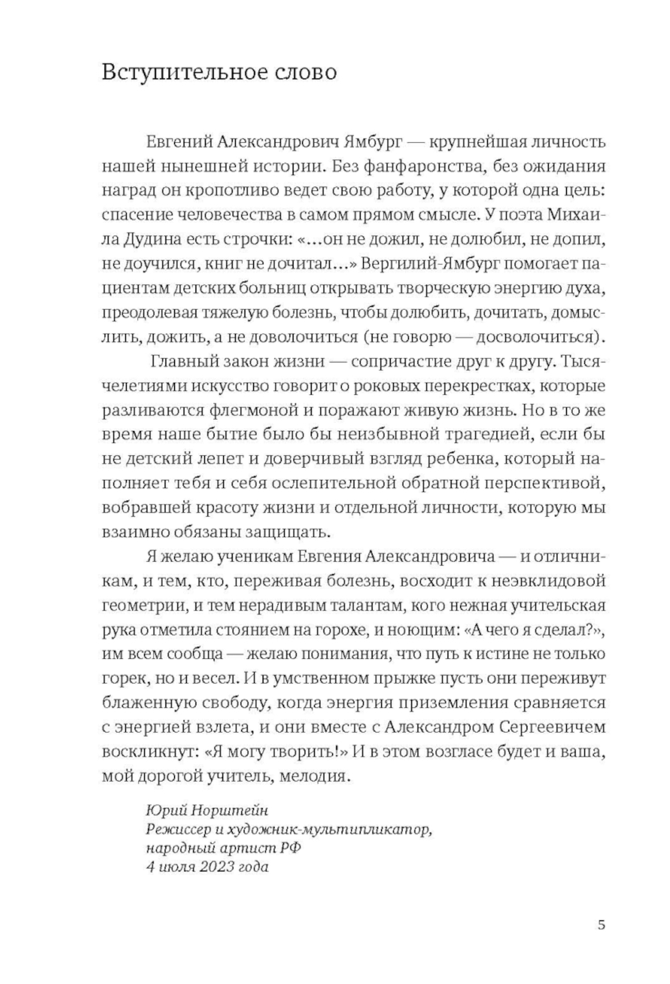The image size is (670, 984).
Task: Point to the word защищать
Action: point(295,532)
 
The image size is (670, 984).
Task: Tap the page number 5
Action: point(600,926)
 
